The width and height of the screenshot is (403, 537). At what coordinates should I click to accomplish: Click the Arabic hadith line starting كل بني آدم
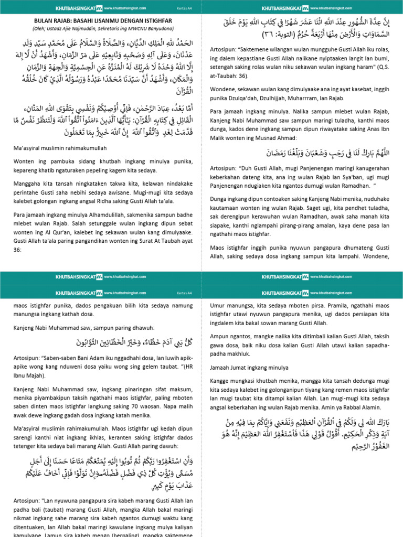coord(102,343)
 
